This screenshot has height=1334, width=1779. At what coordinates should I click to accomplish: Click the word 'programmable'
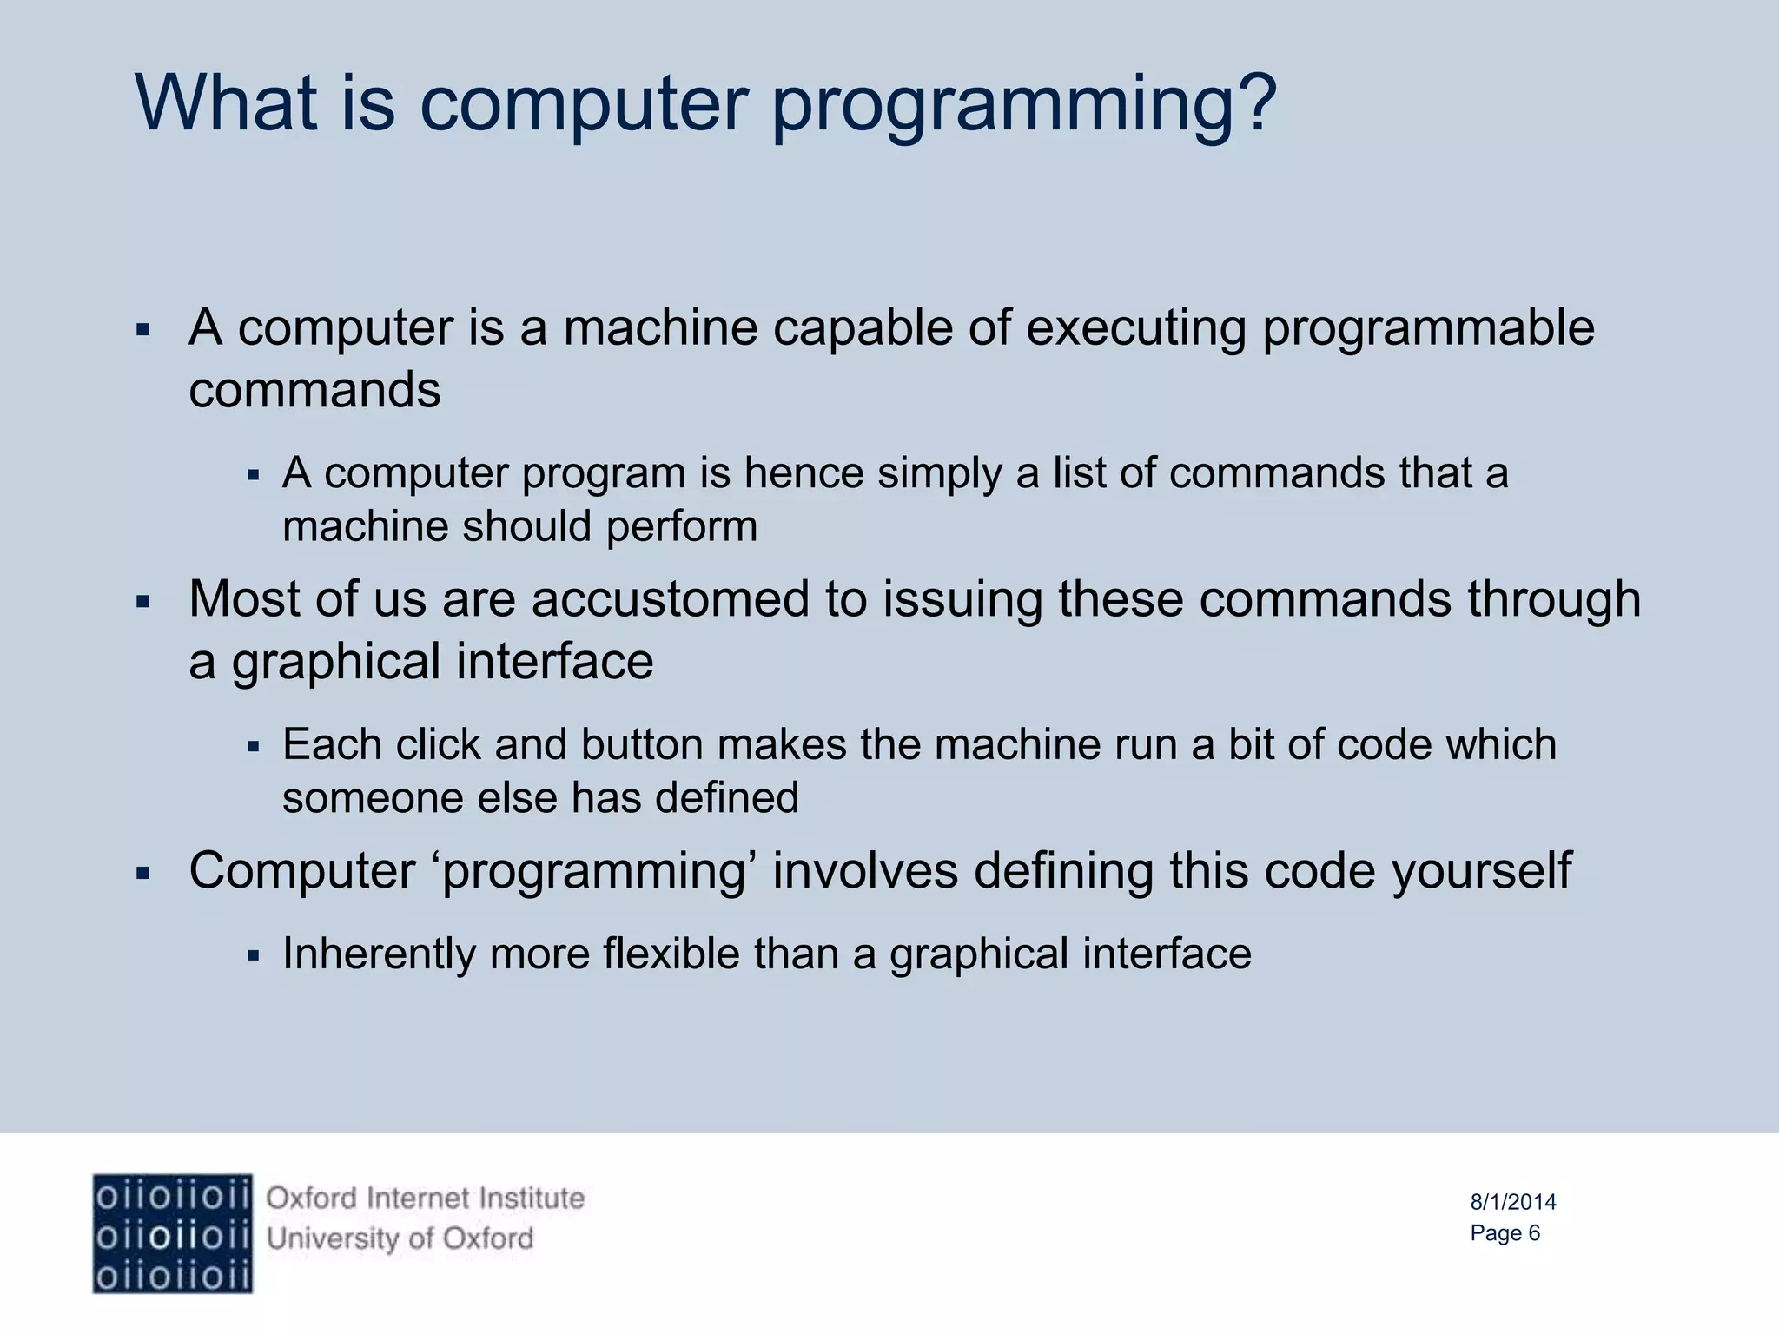pyautogui.click(x=1428, y=330)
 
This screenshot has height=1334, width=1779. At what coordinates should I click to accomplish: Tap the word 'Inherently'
pyautogui.click(x=379, y=954)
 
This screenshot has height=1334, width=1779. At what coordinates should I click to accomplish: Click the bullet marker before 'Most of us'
pyautogui.click(x=144, y=601)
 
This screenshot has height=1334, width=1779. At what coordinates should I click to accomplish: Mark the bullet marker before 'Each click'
pyautogui.click(x=254, y=746)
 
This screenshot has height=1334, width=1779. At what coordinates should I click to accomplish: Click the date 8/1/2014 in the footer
pyautogui.click(x=1512, y=1202)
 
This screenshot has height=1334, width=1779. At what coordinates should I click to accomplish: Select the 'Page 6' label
pyautogui.click(x=1505, y=1233)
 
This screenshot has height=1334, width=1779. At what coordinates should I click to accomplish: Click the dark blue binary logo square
pyautogui.click(x=172, y=1233)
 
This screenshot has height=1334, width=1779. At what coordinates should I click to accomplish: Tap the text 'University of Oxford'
pyautogui.click(x=400, y=1238)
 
